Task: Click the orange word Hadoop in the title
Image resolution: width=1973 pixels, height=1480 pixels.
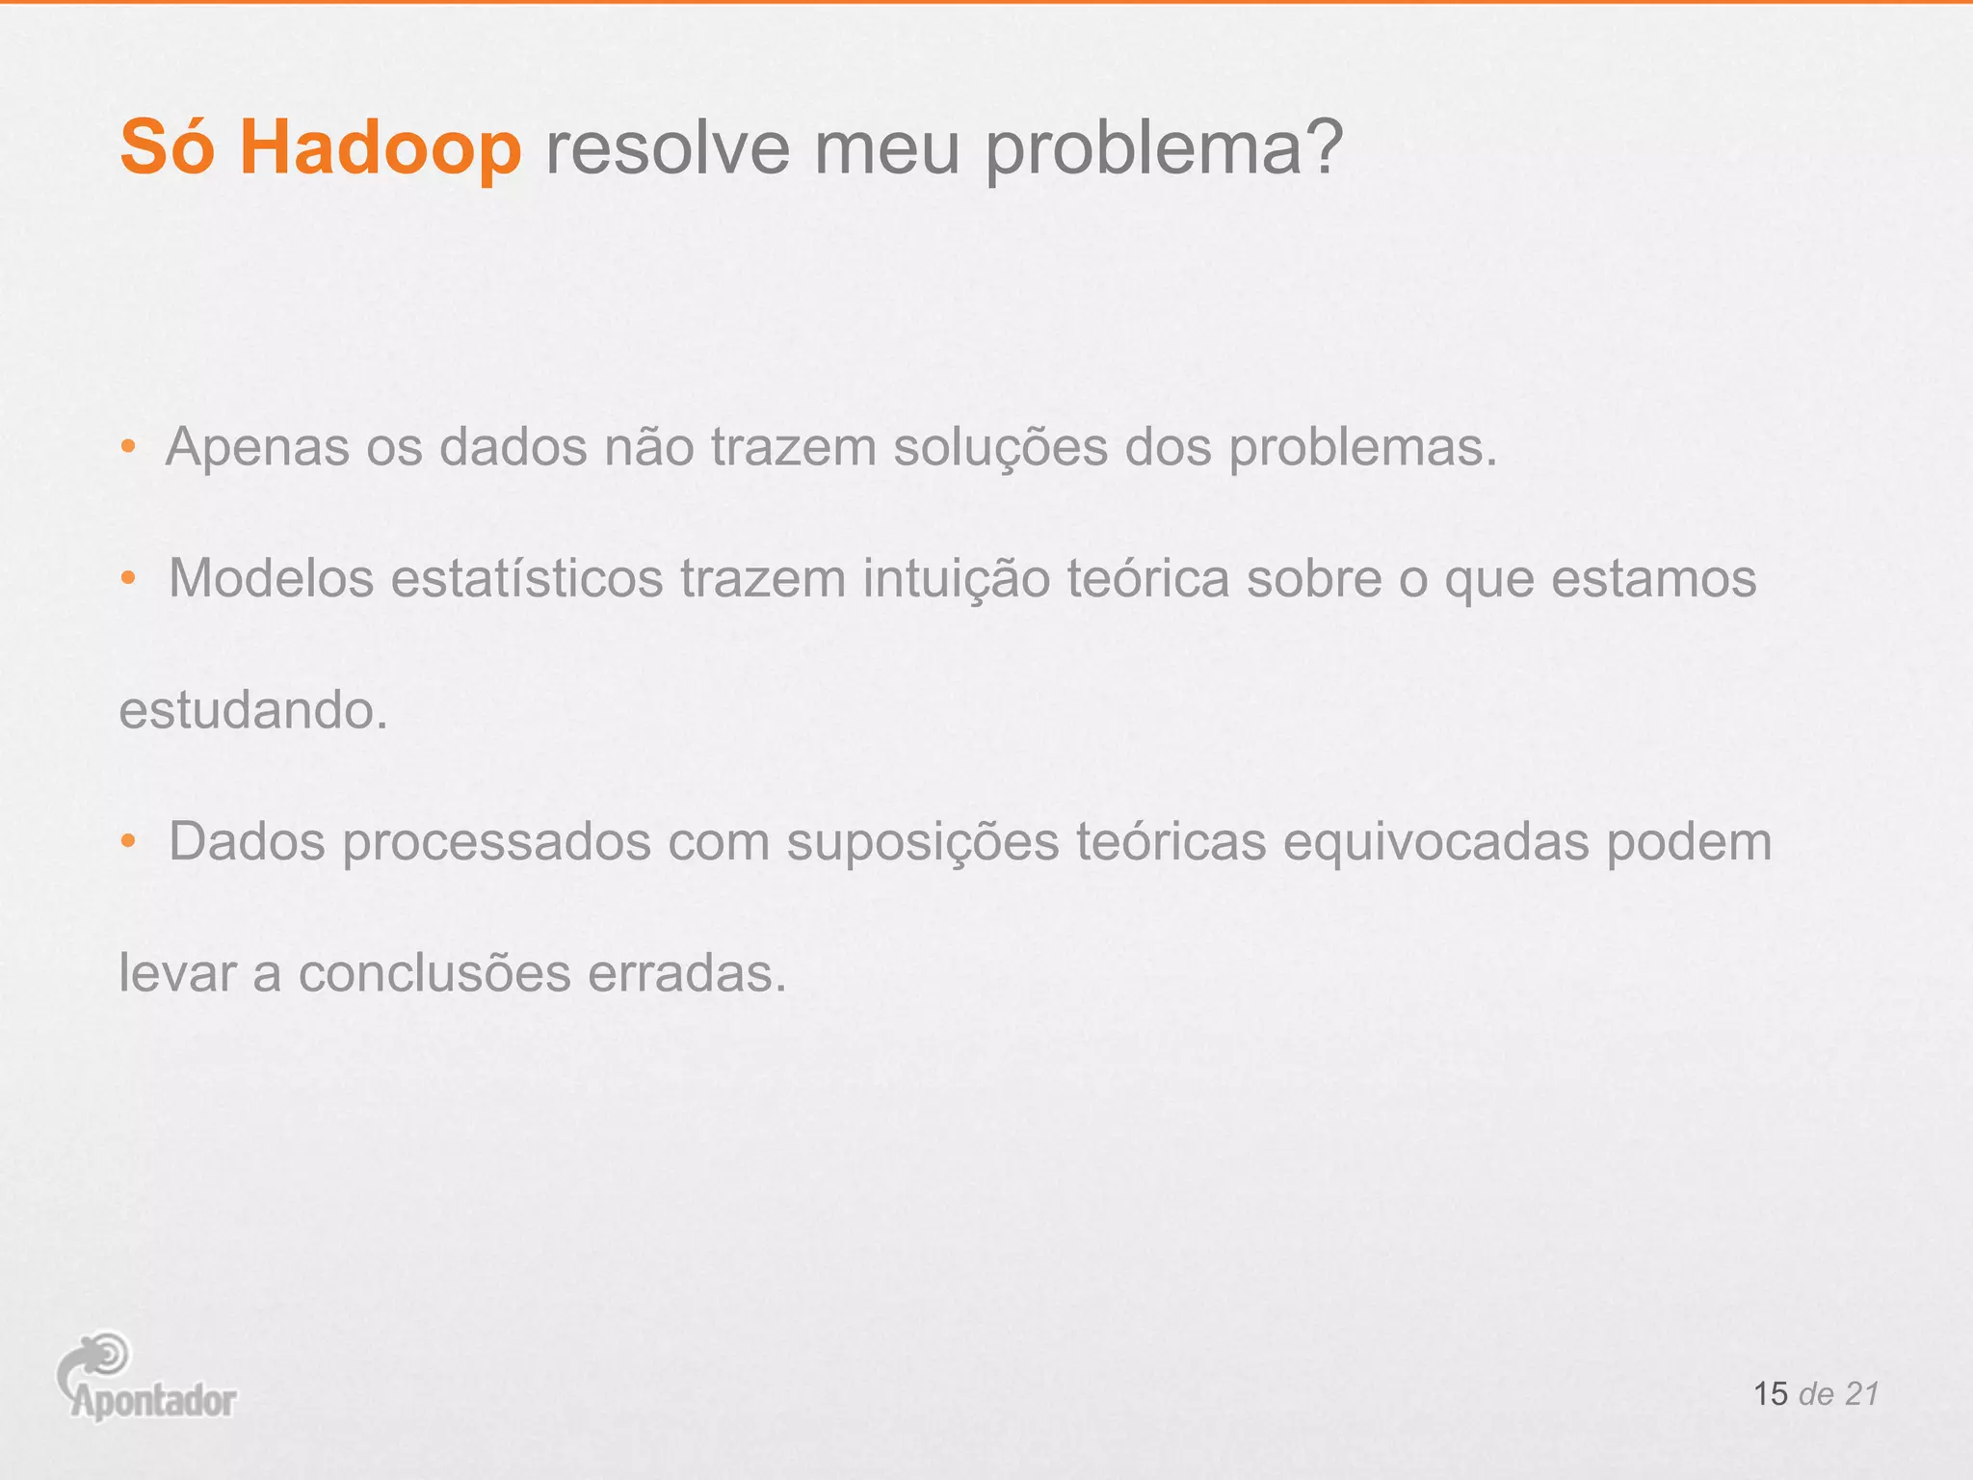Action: pyautogui.click(x=381, y=149)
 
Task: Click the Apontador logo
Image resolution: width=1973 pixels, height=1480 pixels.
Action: pyautogui.click(x=145, y=1378)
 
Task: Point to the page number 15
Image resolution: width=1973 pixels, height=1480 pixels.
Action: pyautogui.click(x=1770, y=1394)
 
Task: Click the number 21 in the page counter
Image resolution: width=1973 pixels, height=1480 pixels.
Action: pyautogui.click(x=1861, y=1394)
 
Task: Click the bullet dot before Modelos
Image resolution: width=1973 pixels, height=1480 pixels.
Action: pyautogui.click(x=128, y=579)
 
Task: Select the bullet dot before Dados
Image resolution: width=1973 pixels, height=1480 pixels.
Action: pyautogui.click(x=128, y=842)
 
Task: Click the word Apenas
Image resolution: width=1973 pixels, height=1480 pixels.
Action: pyautogui.click(x=257, y=449)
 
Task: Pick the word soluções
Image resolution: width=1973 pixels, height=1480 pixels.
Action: pyautogui.click(x=1000, y=449)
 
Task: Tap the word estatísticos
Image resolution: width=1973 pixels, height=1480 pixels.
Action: pyautogui.click(x=527, y=579)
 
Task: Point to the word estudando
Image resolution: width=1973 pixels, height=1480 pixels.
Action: pyautogui.click(x=252, y=711)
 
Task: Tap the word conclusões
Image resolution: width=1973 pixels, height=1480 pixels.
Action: pyautogui.click(x=434, y=974)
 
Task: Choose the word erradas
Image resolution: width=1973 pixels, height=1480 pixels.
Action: pyautogui.click(x=686, y=974)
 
